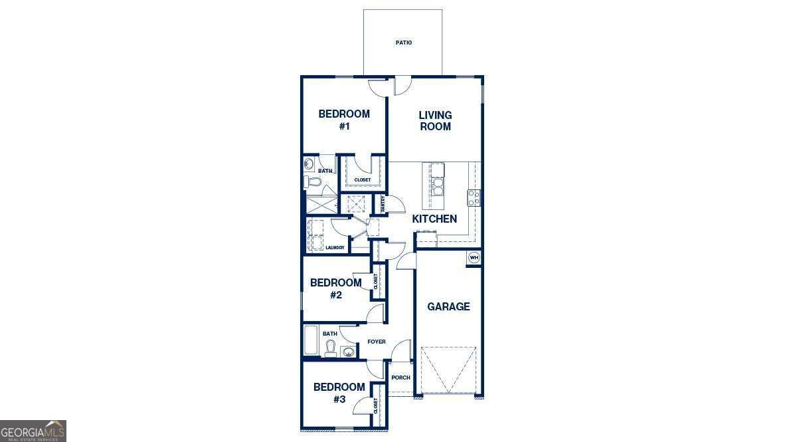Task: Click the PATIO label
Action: (404, 43)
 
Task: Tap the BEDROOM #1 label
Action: (344, 120)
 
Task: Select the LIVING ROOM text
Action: (435, 121)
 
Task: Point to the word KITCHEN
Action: (434, 219)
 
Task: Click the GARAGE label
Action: (448, 306)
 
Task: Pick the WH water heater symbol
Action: (474, 258)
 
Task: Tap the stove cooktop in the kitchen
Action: (474, 198)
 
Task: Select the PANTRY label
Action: (383, 204)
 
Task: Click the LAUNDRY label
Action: (335, 247)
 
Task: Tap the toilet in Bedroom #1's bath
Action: (310, 181)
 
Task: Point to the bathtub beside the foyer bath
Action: (311, 340)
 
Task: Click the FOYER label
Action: (377, 342)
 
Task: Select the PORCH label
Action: (400, 378)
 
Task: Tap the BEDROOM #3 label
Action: (339, 393)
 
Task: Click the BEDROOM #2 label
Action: (335, 288)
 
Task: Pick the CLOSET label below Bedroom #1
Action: (363, 180)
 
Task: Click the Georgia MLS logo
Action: (33, 431)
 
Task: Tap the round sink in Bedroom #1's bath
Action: (309, 164)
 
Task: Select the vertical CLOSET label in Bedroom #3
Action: (375, 406)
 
